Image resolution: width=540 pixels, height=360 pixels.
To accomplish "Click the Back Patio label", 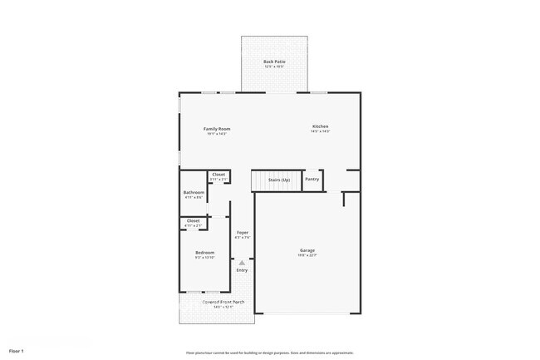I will (274, 62).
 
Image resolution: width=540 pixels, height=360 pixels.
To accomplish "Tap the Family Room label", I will (217, 129).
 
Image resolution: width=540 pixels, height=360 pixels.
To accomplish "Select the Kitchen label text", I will (321, 126).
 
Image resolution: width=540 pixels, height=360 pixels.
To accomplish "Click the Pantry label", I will (312, 179).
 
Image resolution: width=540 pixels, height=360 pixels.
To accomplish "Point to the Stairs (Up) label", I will (279, 180).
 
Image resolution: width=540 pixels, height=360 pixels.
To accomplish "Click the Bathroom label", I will (194, 192).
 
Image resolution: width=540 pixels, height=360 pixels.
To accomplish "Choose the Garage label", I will (307, 250).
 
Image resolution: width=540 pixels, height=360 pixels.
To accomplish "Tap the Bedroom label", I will (204, 252).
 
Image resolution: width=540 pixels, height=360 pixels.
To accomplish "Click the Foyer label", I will (242, 232).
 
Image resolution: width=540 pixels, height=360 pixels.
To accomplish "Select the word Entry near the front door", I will (242, 270).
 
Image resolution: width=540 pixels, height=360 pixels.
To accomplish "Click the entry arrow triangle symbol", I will (242, 262).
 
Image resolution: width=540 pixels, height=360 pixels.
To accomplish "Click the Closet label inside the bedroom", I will (193, 220).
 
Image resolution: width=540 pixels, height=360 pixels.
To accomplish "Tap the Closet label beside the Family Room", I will (218, 174).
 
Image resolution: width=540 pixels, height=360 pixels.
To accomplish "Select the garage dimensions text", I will (307, 256).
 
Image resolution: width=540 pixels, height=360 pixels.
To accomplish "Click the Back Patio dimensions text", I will (274, 67).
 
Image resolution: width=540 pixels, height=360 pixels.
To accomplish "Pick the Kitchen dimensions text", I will (321, 131).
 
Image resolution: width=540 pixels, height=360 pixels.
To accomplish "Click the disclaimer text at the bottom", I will (269, 353).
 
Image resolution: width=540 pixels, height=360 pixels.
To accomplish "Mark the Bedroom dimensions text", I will (204, 258).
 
